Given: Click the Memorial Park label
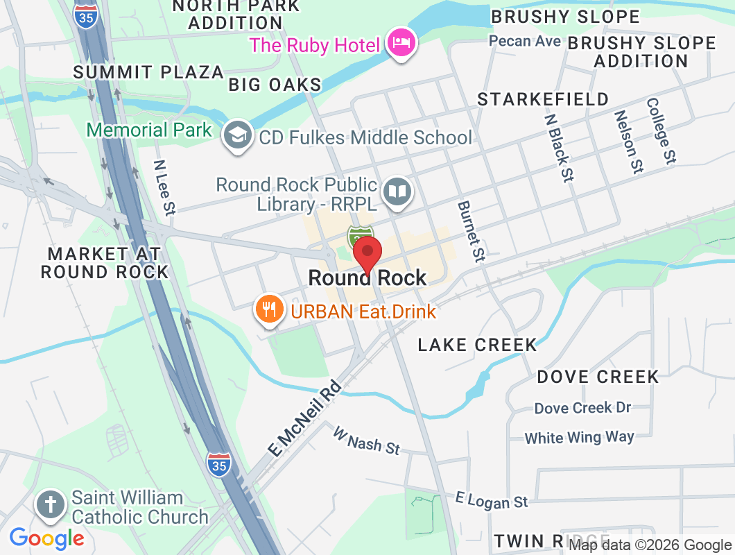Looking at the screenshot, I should click(149, 130).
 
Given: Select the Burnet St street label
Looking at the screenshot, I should click(469, 232).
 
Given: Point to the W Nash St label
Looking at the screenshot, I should click(367, 441).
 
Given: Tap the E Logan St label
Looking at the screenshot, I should click(492, 499).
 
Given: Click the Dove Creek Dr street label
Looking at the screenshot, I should click(582, 408).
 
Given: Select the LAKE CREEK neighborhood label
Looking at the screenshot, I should click(477, 345).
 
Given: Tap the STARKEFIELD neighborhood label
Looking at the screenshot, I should click(543, 99).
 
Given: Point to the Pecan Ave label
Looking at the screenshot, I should click(524, 41).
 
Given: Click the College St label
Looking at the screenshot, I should click(661, 130).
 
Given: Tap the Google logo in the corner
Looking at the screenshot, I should click(46, 538).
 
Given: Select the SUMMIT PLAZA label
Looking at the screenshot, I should click(148, 72).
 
